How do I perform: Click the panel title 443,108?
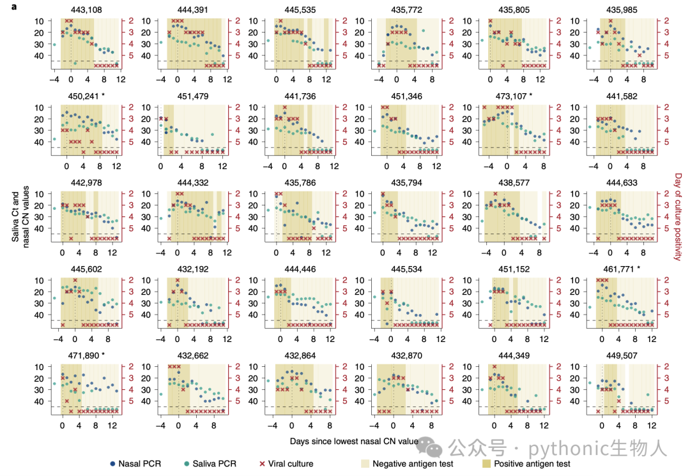click(x=86, y=10)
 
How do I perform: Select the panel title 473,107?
click(x=510, y=96)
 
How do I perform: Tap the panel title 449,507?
click(x=622, y=355)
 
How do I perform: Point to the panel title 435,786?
click(x=300, y=183)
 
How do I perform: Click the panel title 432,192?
click(x=193, y=269)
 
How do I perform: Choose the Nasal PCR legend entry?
click(x=135, y=464)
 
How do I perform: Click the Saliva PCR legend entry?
click(x=210, y=464)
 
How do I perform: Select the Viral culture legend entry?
click(x=286, y=464)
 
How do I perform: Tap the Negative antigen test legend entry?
click(x=407, y=464)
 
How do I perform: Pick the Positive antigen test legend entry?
click(x=526, y=464)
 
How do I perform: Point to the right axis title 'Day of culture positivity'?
click(x=678, y=217)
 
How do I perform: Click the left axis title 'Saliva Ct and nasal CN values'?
click(x=20, y=217)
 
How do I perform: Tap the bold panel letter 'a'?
click(x=14, y=6)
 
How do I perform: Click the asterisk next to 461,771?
click(x=638, y=268)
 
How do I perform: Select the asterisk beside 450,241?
click(x=103, y=95)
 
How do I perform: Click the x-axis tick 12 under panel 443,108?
click(x=121, y=80)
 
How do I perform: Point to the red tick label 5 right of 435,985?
click(x=666, y=56)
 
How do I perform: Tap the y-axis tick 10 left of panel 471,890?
click(x=39, y=367)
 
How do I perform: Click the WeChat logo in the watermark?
click(x=429, y=447)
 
